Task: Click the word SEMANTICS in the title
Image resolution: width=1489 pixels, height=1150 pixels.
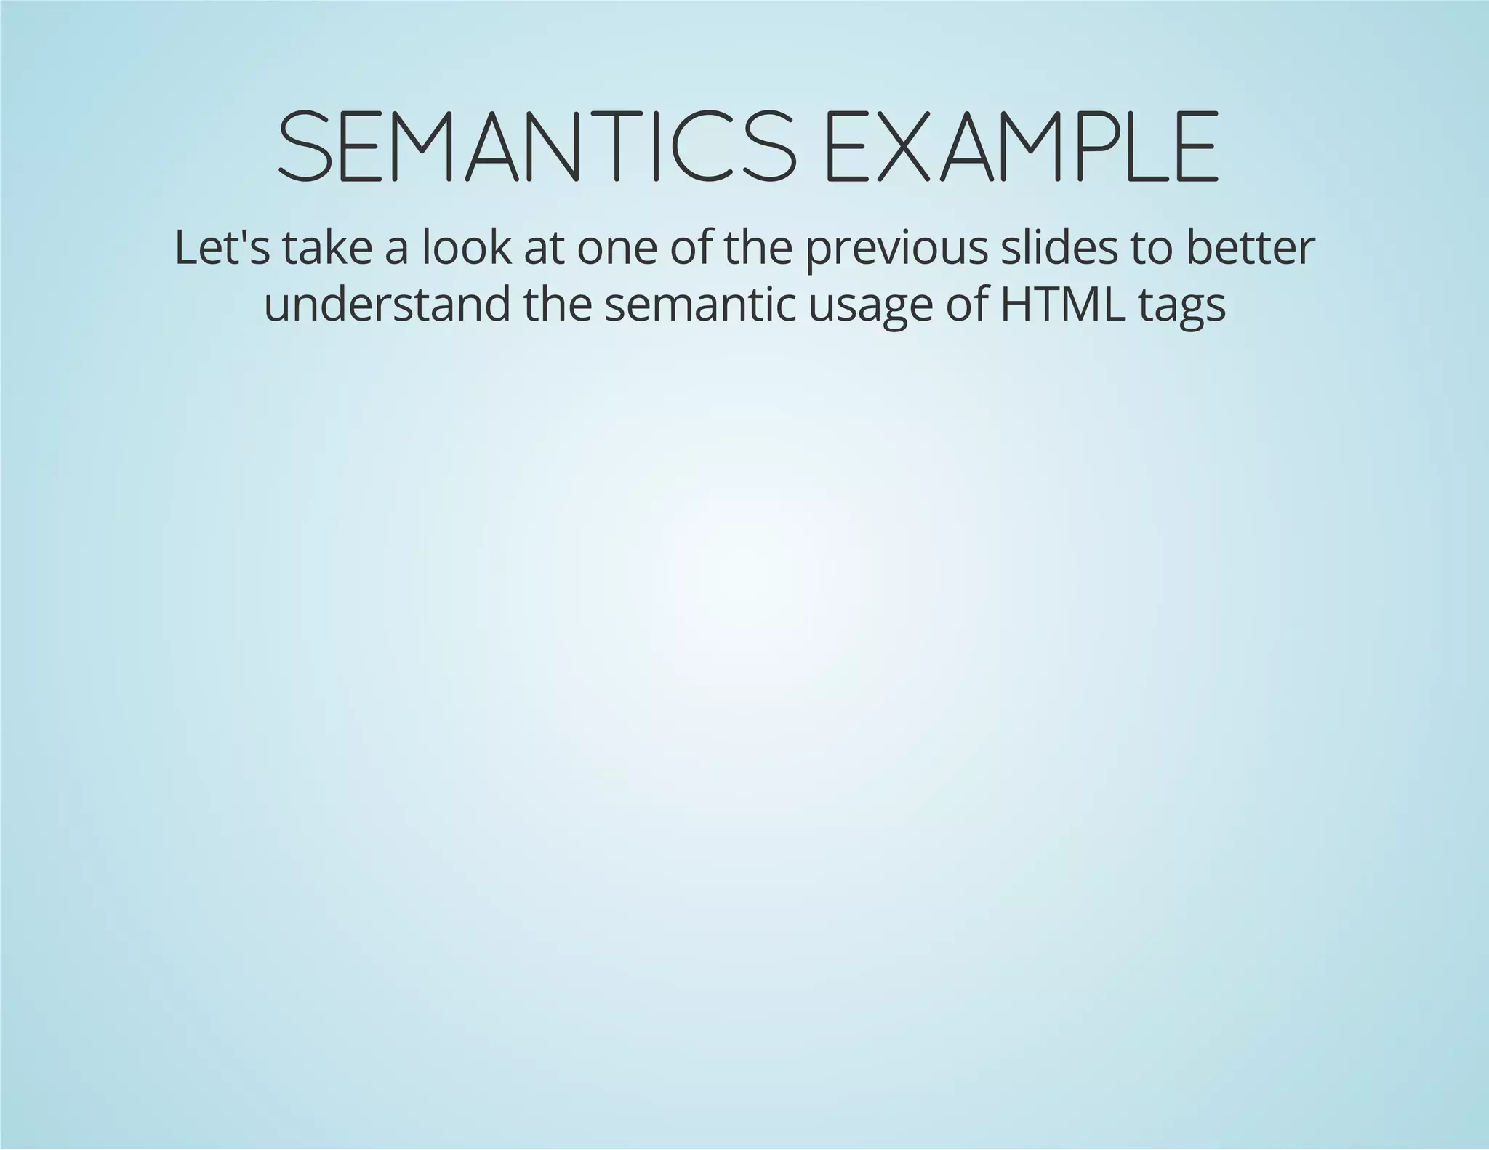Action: click(537, 146)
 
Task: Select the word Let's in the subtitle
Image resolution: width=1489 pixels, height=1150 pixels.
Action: click(222, 248)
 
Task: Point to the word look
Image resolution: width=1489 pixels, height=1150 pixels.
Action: click(466, 248)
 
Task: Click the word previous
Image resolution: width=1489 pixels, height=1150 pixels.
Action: click(896, 249)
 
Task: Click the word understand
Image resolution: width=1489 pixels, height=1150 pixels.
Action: click(387, 305)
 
